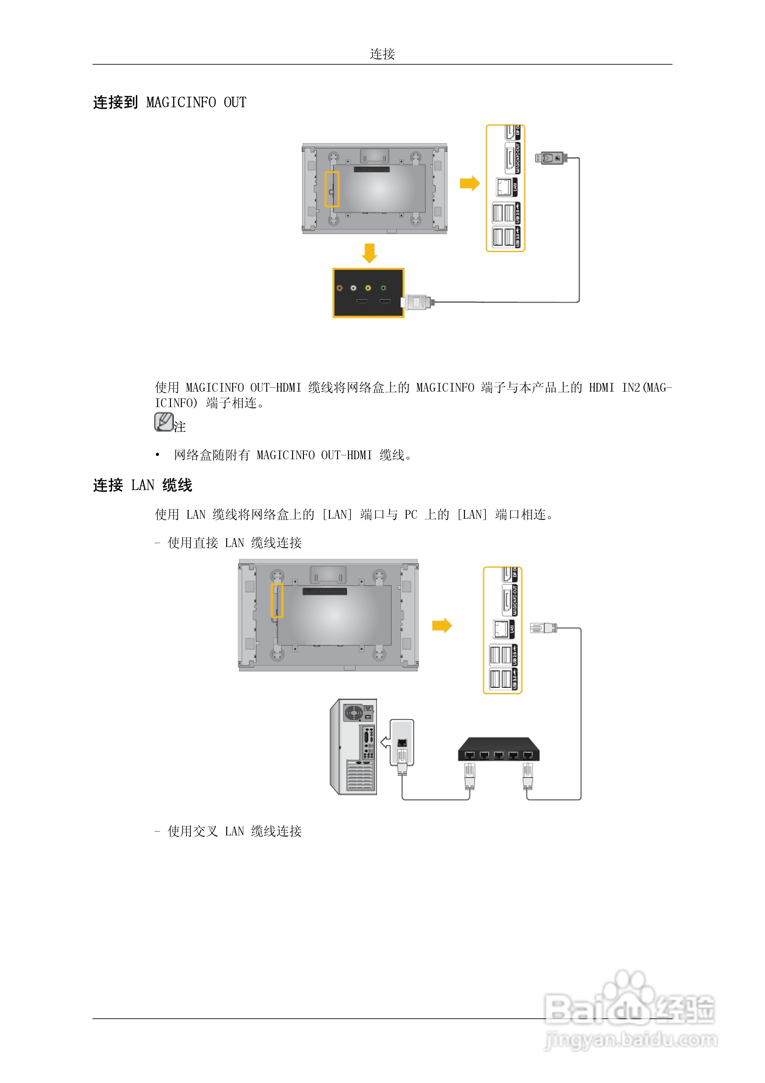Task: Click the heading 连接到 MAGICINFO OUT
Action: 169,102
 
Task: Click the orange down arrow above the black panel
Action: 369,253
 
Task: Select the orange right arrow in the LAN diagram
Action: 442,625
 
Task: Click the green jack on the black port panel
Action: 383,288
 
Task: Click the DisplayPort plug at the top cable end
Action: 550,158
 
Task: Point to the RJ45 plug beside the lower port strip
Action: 543,628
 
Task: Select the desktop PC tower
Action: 353,747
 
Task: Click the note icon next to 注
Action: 164,422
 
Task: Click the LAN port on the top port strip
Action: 504,187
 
